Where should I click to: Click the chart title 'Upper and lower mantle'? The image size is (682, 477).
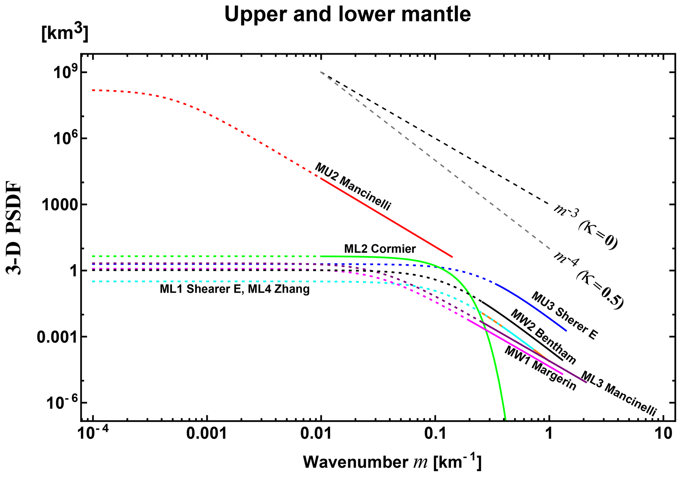point(347,15)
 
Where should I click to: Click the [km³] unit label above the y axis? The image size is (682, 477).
point(65,34)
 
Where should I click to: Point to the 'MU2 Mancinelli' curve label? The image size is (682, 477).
point(352,187)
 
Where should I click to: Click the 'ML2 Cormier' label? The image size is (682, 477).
point(380,248)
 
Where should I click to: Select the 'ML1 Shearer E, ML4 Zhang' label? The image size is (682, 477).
point(235,289)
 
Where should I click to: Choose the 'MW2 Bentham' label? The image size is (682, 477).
point(543,336)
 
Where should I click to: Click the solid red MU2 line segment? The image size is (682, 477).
point(386,218)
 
